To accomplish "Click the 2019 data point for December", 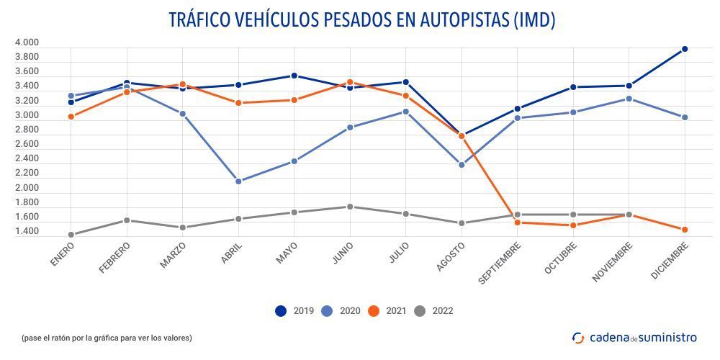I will click(x=685, y=49).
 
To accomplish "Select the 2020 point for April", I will click(x=238, y=181).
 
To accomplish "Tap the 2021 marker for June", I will click(x=350, y=82).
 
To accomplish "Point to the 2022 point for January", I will click(x=71, y=235).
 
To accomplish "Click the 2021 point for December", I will click(x=685, y=230).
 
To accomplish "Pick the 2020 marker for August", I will click(x=462, y=165).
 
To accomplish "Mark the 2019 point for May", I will click(x=294, y=76).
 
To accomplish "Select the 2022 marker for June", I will click(x=350, y=207).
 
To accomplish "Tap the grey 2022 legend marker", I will click(x=418, y=311).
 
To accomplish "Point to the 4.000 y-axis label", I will click(x=27, y=42).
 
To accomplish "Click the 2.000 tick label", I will click(x=27, y=188).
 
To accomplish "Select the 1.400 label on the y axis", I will click(x=27, y=232).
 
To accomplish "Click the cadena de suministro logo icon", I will click(x=578, y=337).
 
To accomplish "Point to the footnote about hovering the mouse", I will click(x=107, y=338).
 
